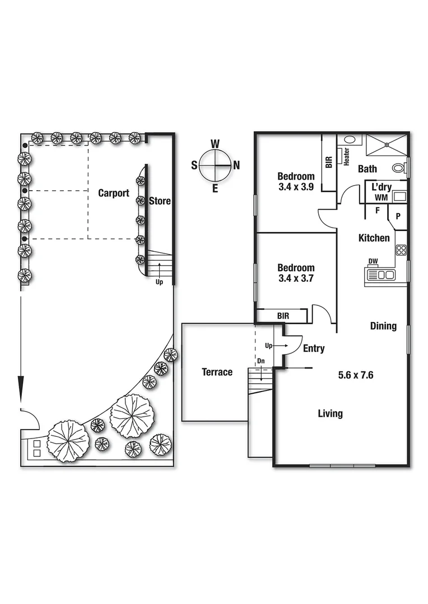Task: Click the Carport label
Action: tap(114, 193)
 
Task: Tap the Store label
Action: tap(160, 201)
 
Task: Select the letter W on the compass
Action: tap(215, 144)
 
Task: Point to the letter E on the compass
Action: tap(215, 188)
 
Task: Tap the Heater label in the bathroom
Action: tap(346, 157)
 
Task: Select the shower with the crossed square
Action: tap(387, 144)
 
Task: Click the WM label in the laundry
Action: tap(382, 197)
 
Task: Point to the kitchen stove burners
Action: tap(401, 250)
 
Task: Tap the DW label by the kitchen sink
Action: tap(373, 261)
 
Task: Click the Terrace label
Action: tap(217, 372)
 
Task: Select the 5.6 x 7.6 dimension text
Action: tap(356, 375)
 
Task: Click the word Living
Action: tap(330, 414)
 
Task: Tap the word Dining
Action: tap(383, 326)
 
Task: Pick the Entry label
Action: tap(314, 348)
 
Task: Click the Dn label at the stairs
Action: tap(260, 362)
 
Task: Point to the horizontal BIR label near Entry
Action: tap(283, 316)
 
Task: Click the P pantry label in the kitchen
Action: tap(397, 216)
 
